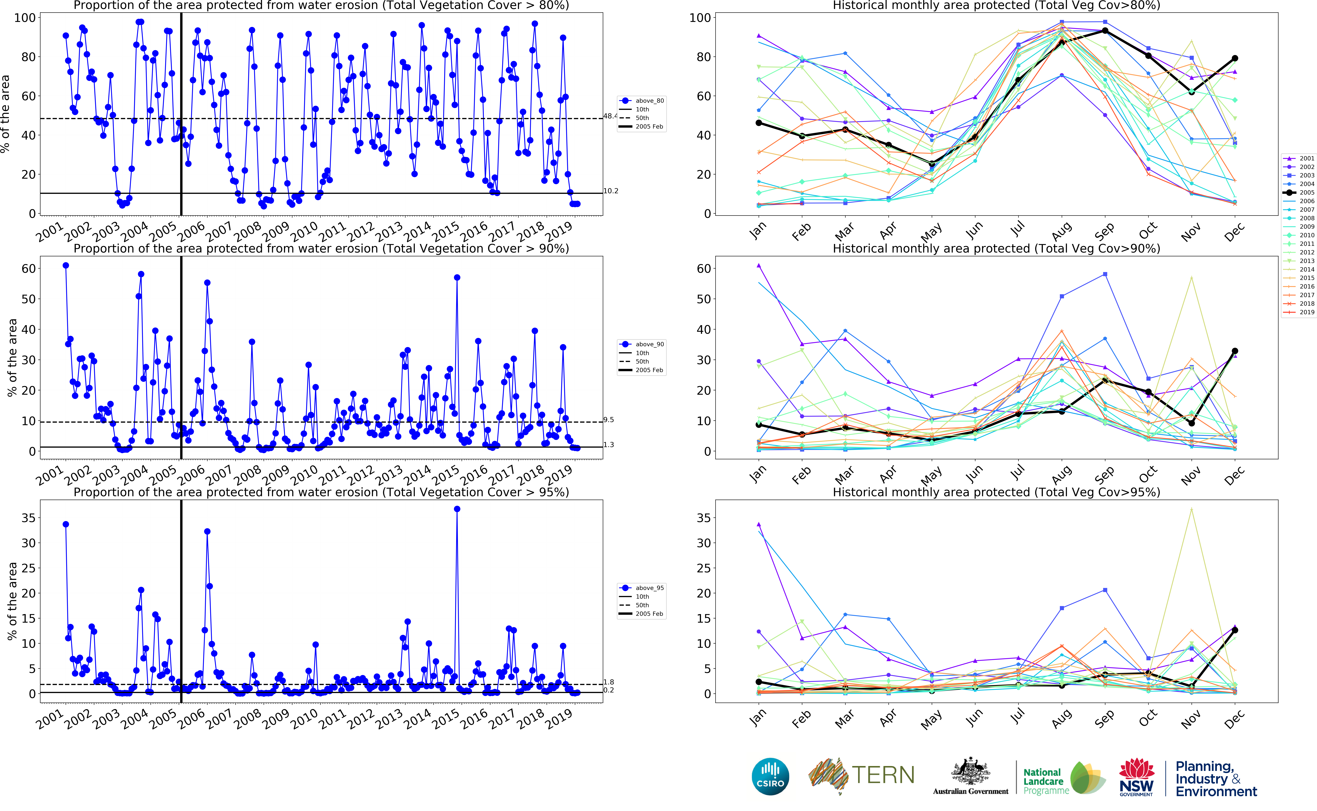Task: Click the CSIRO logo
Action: [770, 776]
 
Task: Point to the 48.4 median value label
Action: [610, 116]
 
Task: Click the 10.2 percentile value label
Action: [611, 191]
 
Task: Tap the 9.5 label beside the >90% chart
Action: [608, 420]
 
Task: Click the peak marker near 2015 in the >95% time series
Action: [457, 509]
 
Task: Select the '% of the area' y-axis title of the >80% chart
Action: [5, 114]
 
